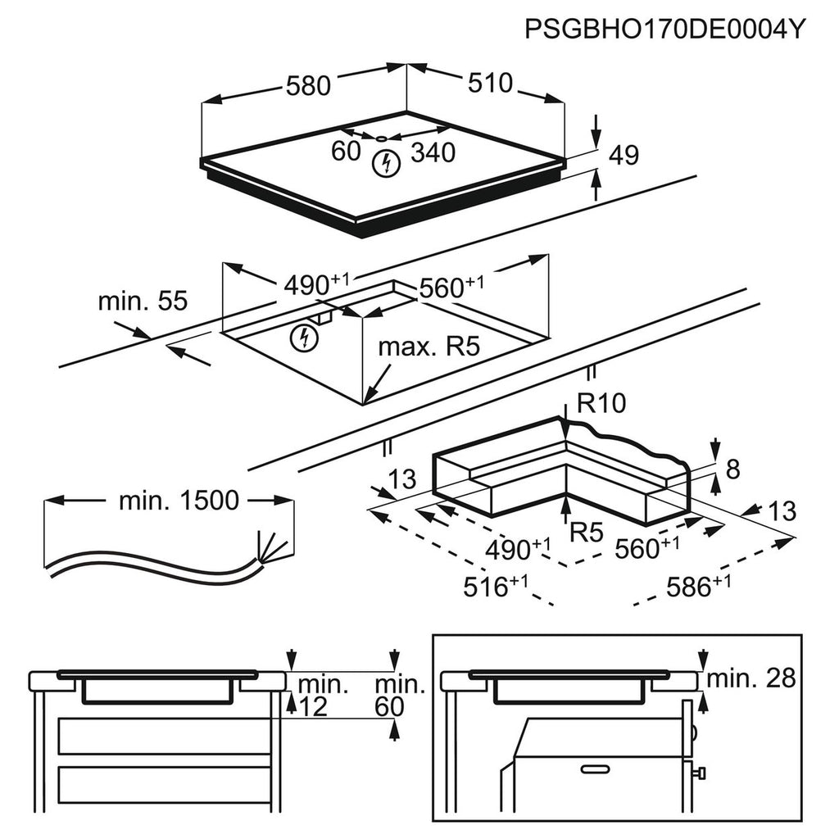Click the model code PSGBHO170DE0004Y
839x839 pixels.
(664, 29)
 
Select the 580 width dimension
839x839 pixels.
(308, 85)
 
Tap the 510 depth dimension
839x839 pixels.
(490, 83)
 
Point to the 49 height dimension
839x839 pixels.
(624, 155)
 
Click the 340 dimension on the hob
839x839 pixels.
(433, 152)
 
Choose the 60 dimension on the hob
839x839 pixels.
(346, 151)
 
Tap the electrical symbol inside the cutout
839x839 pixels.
(304, 338)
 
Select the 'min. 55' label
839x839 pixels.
(143, 301)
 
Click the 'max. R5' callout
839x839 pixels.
(429, 347)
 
